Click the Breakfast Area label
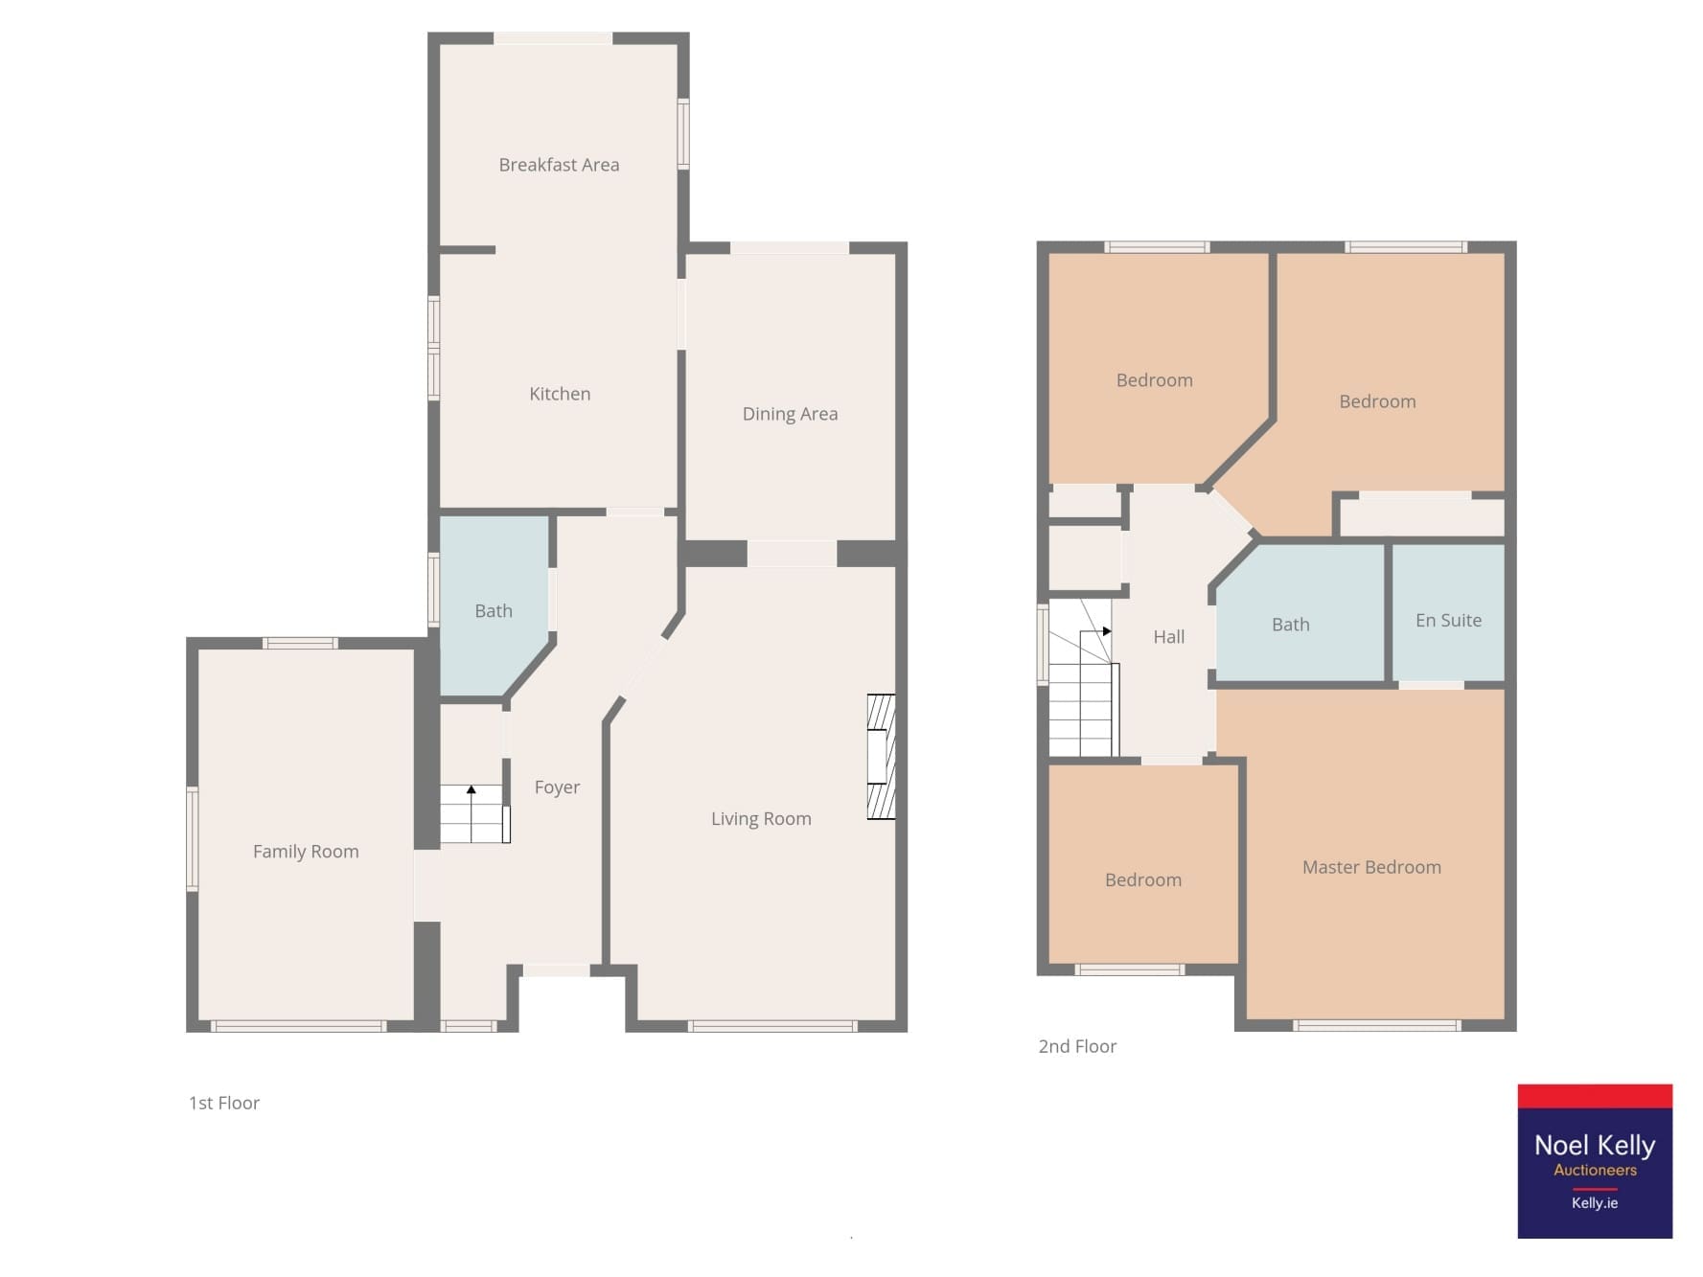click(559, 165)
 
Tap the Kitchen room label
click(560, 394)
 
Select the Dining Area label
click(790, 414)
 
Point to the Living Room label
click(761, 819)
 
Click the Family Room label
click(306, 852)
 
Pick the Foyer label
click(557, 787)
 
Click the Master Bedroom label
click(1371, 867)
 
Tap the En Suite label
click(1448, 621)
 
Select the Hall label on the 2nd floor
click(1168, 637)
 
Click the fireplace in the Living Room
click(881, 757)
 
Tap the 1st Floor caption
click(224, 1104)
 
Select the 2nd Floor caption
click(1077, 1047)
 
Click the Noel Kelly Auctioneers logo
click(1595, 1161)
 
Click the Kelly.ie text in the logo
click(1595, 1203)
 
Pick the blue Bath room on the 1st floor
click(494, 604)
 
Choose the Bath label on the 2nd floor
click(1290, 625)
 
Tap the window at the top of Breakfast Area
click(553, 38)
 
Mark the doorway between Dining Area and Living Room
click(792, 554)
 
